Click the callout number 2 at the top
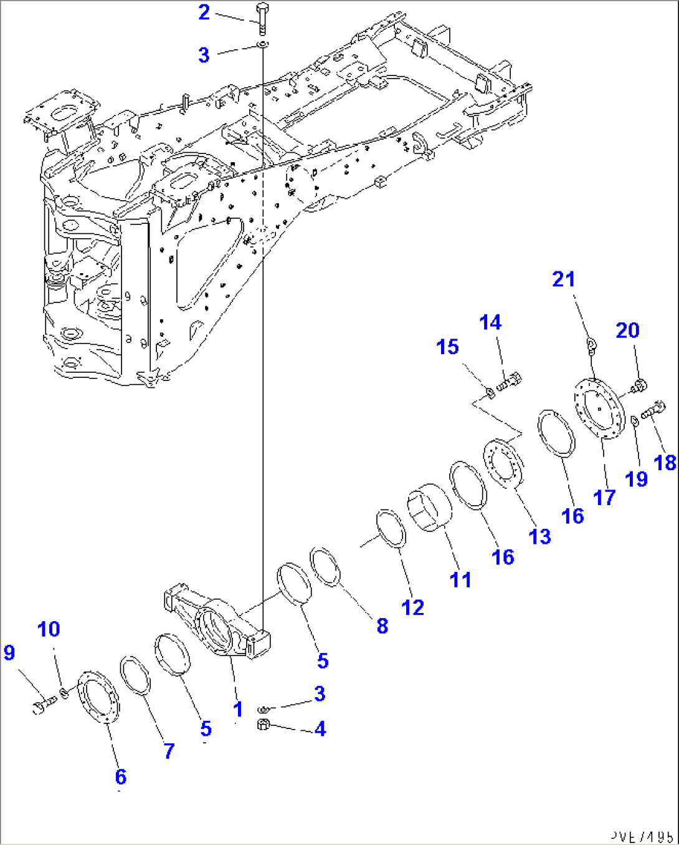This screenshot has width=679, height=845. (x=204, y=12)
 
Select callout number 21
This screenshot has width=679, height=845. (x=564, y=279)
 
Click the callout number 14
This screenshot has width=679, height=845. (x=490, y=322)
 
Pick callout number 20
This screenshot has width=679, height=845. (x=627, y=330)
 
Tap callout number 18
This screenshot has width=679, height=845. (x=665, y=462)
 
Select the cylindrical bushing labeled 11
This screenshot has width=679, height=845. (x=430, y=506)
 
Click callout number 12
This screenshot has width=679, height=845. (x=412, y=607)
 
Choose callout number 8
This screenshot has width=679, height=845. (x=382, y=625)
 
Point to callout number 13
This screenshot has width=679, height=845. (x=539, y=536)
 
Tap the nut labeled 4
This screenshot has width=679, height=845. (x=263, y=725)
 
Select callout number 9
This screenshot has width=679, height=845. (x=9, y=653)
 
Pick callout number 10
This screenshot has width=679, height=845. (x=49, y=629)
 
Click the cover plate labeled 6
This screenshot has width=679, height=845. (x=99, y=697)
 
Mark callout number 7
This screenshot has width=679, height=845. (x=169, y=750)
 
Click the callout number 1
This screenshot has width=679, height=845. (x=237, y=709)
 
